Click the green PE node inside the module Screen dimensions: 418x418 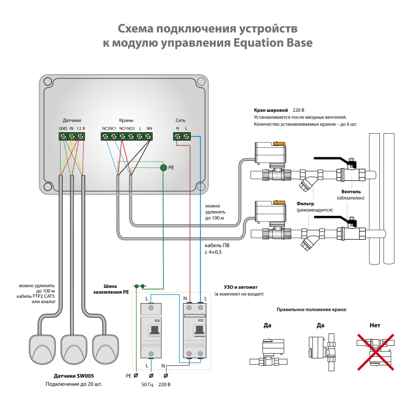click(x=163, y=168)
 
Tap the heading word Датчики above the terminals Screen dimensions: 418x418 click(x=72, y=120)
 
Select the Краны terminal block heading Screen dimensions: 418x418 click(x=126, y=120)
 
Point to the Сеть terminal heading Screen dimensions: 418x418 click(x=180, y=120)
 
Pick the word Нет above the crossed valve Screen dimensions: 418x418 click(x=375, y=325)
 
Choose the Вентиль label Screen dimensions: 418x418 click(x=351, y=191)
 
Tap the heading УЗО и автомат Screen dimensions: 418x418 click(x=239, y=287)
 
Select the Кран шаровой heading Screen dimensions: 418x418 click(x=271, y=110)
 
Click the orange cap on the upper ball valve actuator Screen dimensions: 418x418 click(x=280, y=142)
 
